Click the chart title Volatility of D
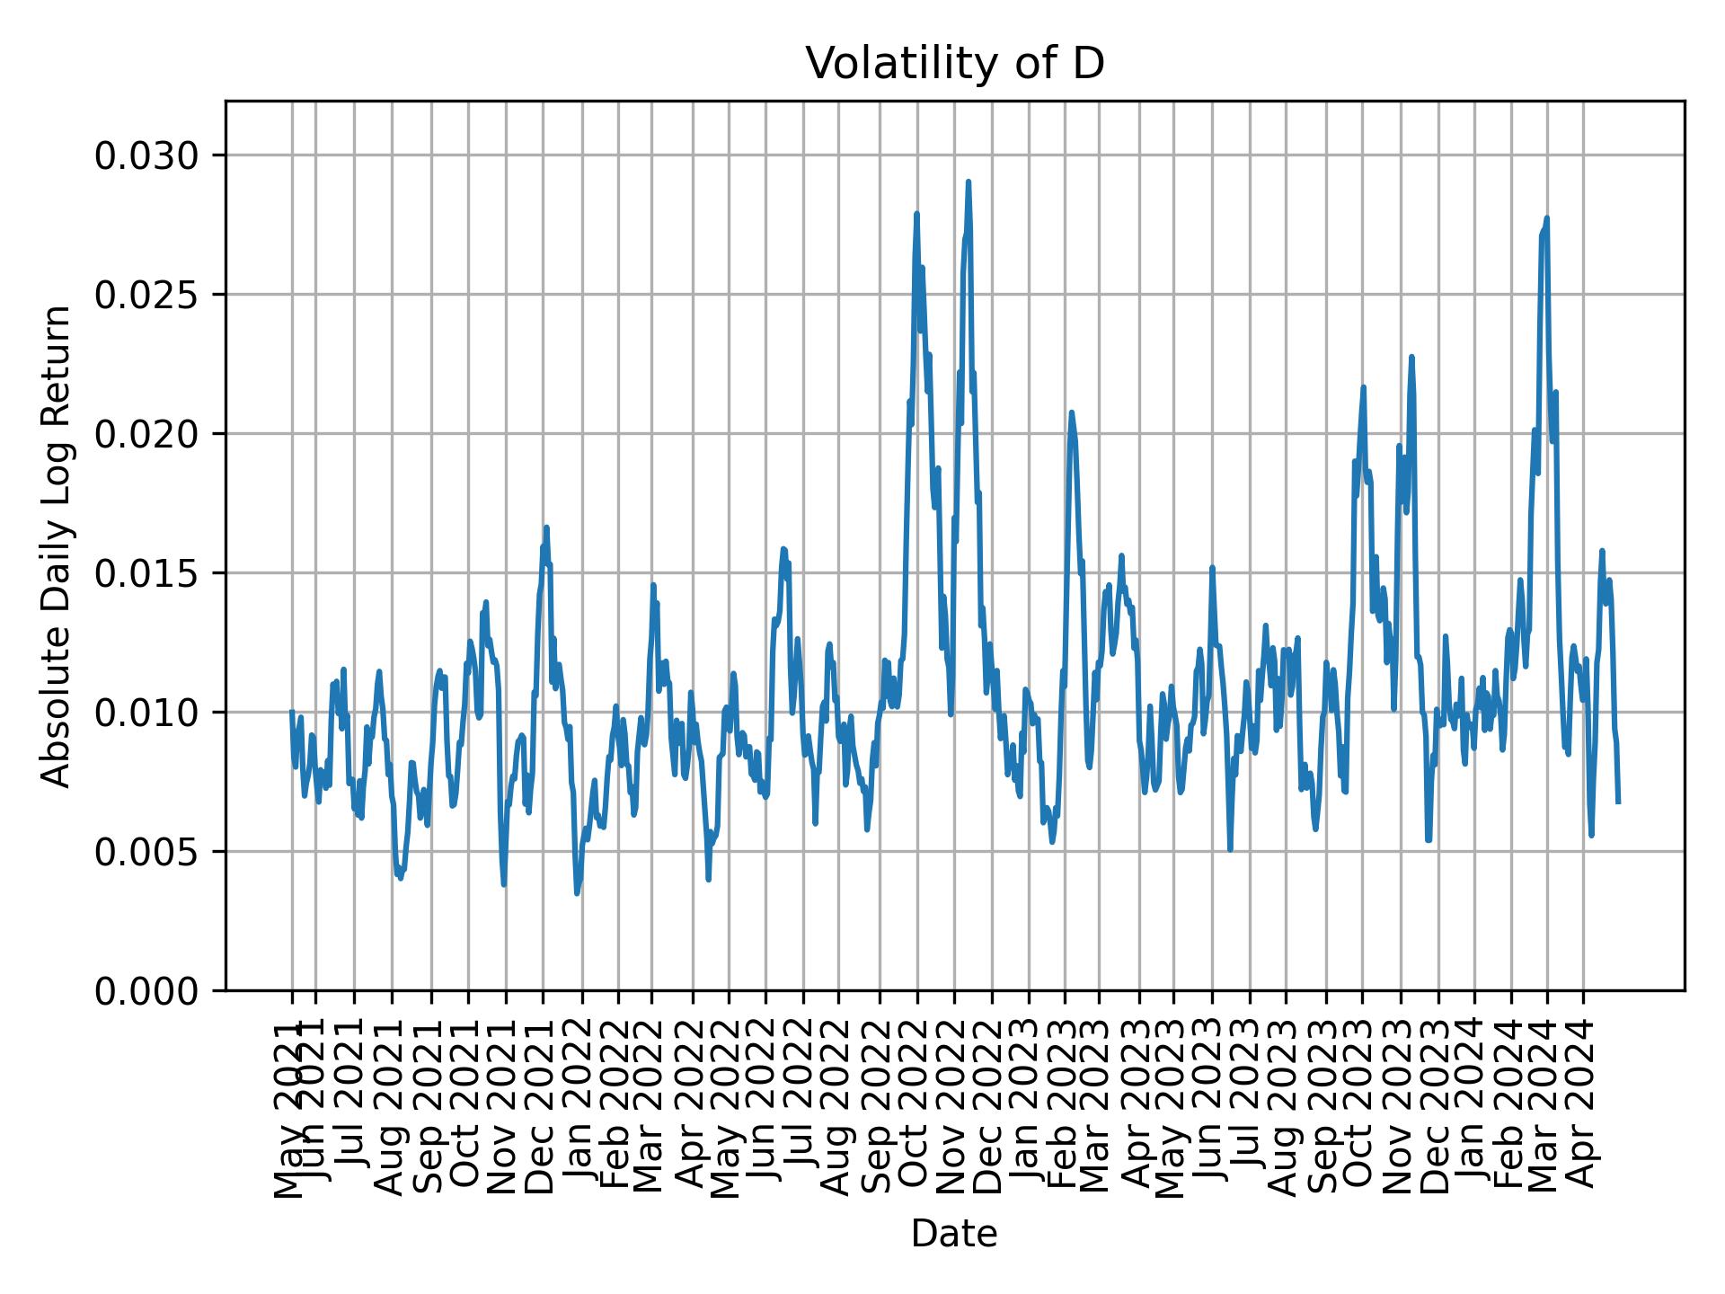tap(954, 64)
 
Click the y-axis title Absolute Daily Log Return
tap(57, 545)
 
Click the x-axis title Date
tap(954, 1234)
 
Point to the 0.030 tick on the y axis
tap(146, 156)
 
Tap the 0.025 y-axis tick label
tap(146, 295)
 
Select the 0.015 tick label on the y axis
tap(146, 573)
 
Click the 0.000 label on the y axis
tap(146, 990)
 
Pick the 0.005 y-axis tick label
tap(146, 851)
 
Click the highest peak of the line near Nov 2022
tap(968, 182)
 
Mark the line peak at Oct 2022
tap(916, 214)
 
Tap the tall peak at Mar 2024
tap(1547, 218)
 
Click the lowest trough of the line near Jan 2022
tap(577, 892)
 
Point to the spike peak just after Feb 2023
tap(1071, 412)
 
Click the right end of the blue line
tap(1618, 802)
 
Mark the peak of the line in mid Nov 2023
tap(1411, 358)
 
